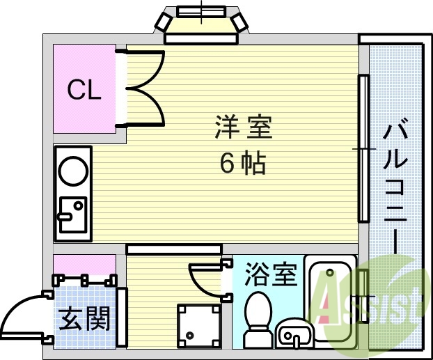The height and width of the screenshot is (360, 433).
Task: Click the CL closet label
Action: click(84, 89)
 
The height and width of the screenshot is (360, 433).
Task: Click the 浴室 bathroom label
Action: click(271, 274)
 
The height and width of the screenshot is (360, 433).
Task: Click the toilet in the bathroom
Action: click(258, 317)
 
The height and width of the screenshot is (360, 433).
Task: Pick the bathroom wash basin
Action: click(295, 336)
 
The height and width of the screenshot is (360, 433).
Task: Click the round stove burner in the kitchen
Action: click(72, 169)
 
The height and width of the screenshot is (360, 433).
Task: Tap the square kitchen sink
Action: click(72, 214)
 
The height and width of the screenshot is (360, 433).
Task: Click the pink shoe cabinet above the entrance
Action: click(85, 265)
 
